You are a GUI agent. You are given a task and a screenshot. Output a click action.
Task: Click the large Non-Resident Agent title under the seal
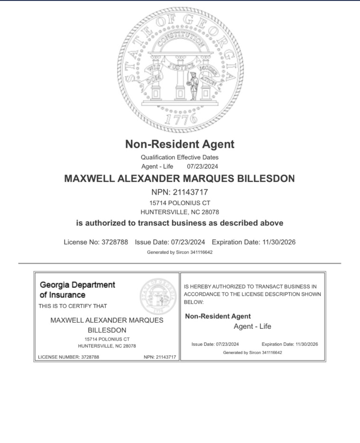tap(180, 144)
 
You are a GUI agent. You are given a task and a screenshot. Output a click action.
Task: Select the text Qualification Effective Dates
tap(180, 157)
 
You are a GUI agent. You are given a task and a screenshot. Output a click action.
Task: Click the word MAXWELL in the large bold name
tap(89, 179)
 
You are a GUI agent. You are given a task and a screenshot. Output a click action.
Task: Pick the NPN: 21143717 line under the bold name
tap(180, 192)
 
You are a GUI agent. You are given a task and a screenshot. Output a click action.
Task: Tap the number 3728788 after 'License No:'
tap(115, 242)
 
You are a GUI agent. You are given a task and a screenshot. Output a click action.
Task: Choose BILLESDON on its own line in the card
tap(107, 330)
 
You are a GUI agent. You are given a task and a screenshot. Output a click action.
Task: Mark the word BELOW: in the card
tap(194, 302)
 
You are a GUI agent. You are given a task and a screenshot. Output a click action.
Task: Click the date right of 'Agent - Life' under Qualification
tap(203, 166)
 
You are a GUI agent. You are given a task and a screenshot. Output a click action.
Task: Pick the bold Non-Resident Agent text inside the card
tap(218, 316)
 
